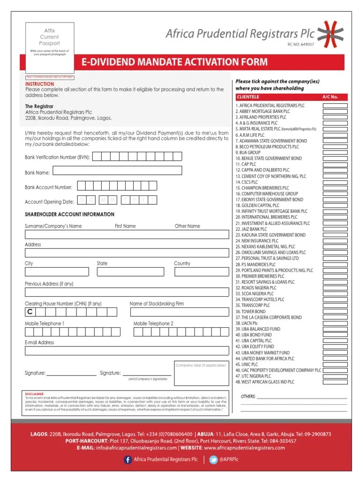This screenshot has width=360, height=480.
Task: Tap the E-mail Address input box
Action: point(126,351)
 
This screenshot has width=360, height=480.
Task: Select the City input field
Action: point(57,272)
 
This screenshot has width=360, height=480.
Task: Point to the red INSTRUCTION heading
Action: point(39,84)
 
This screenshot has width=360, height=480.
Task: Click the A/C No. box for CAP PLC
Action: point(335,165)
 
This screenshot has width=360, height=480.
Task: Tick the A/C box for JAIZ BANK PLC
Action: point(335,229)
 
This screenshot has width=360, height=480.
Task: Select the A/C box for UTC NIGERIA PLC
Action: point(335,376)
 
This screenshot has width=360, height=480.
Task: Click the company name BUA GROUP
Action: point(248,153)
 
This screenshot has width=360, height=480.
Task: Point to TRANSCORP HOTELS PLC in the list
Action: point(260,300)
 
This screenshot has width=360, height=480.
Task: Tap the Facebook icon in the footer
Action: point(127,460)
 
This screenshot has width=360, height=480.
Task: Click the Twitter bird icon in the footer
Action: point(213,460)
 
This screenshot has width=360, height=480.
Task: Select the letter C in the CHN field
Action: point(29,312)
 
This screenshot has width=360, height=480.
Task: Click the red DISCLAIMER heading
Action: point(34,394)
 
